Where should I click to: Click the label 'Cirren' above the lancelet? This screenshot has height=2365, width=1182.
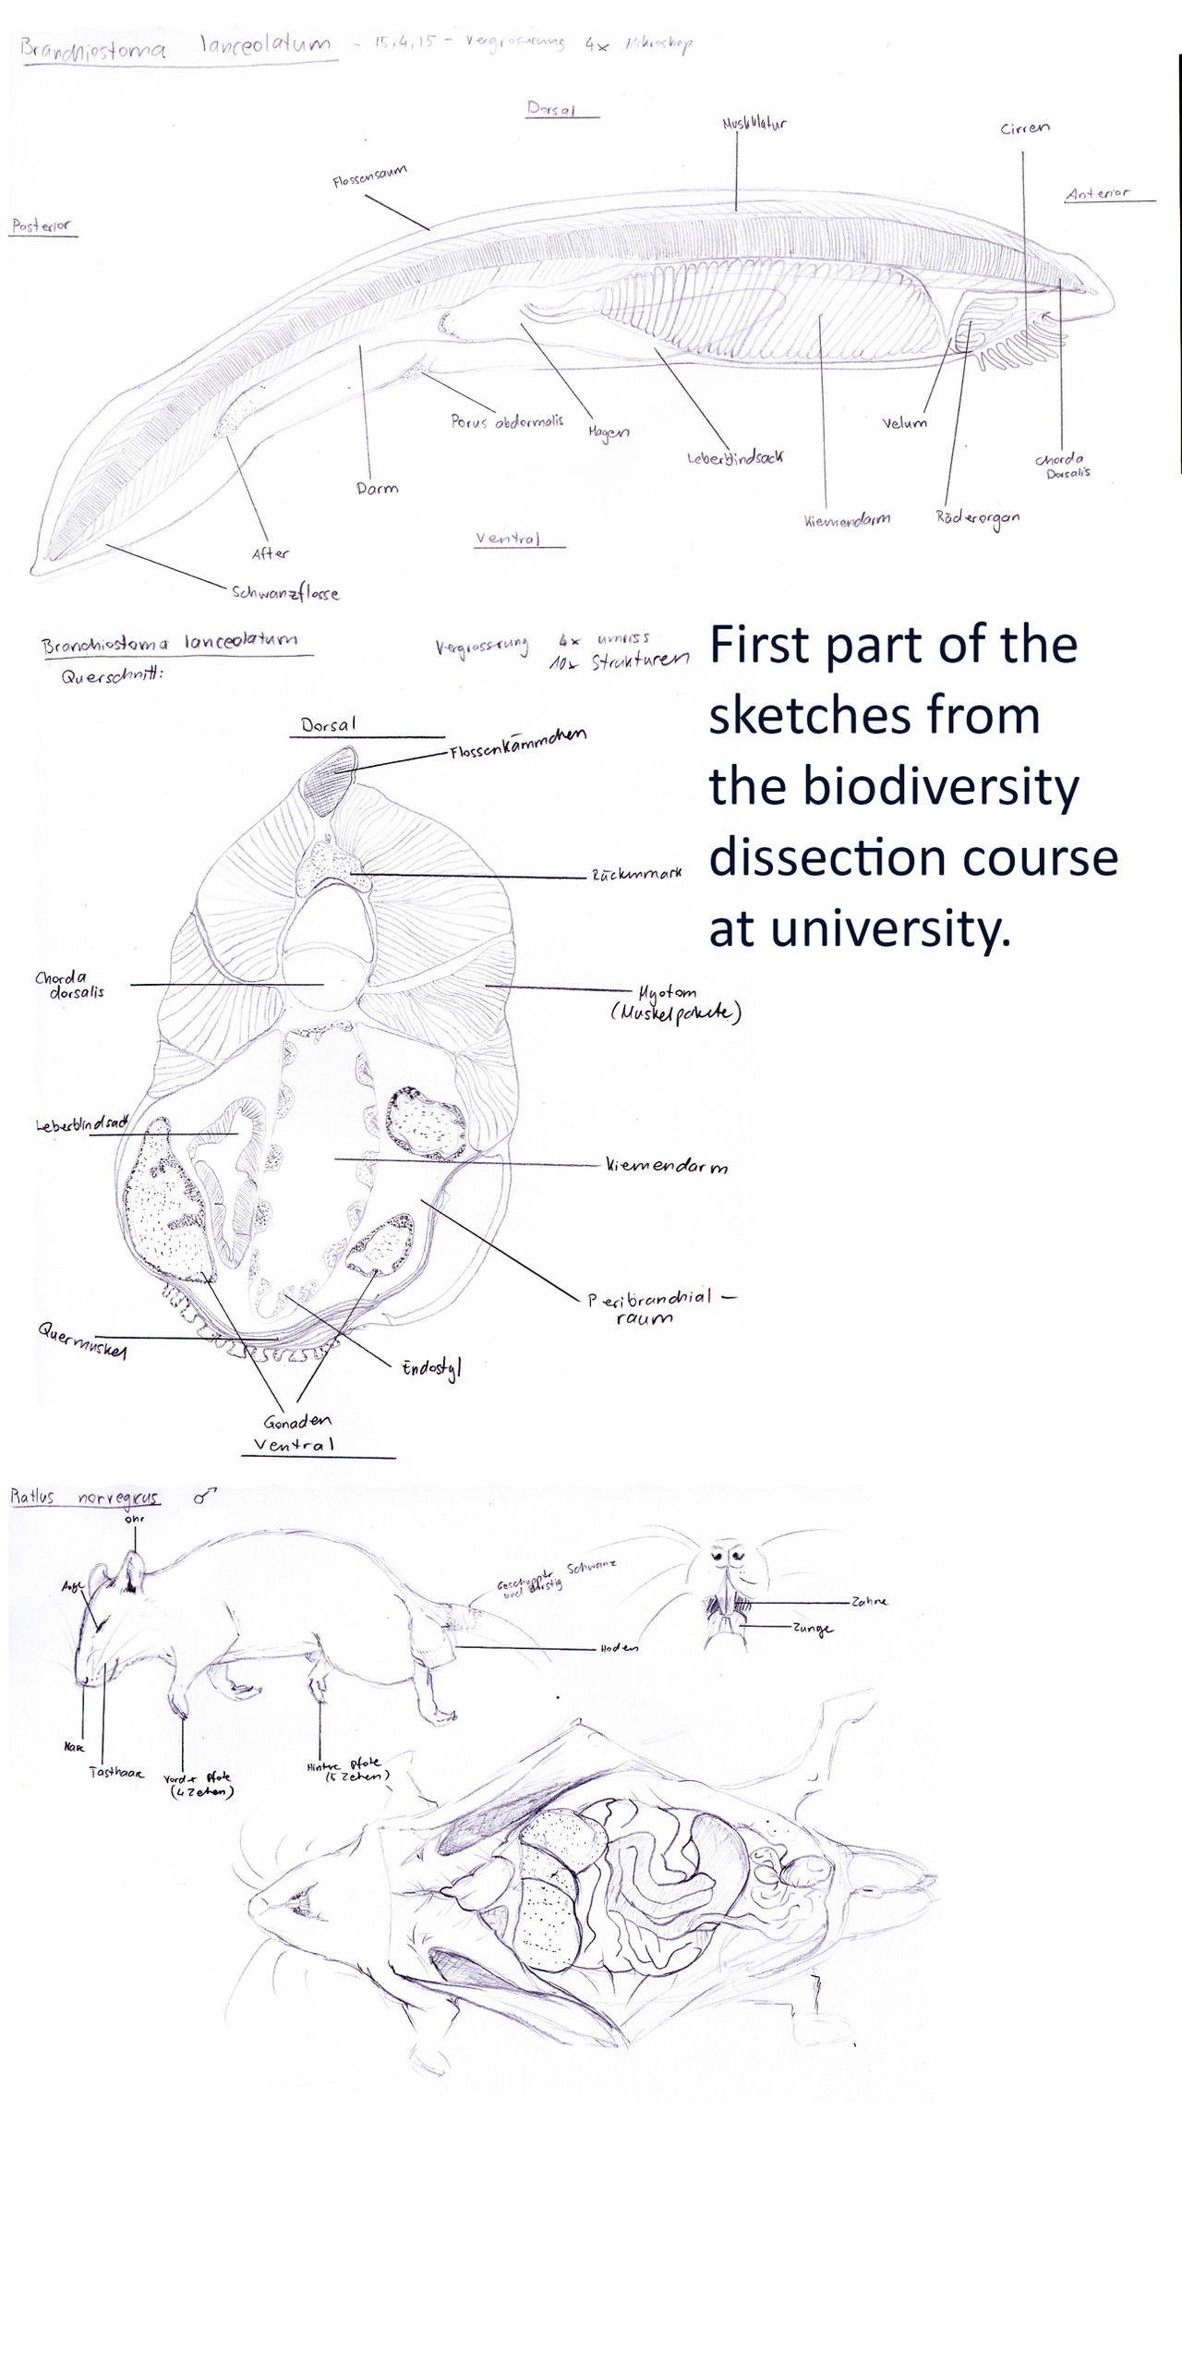coord(1024,128)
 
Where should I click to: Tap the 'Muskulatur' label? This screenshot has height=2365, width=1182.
coord(754,122)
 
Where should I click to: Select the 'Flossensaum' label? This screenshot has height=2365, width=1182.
coord(369,176)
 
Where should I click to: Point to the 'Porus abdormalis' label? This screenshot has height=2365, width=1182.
coord(506,421)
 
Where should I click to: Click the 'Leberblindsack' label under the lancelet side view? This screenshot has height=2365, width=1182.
coord(736,457)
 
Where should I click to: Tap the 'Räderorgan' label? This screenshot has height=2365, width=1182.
coord(977,517)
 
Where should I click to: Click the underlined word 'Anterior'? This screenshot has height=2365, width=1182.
coord(1096,193)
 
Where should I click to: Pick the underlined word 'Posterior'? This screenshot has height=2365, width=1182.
coord(42,225)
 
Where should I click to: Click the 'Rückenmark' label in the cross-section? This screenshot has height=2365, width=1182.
coord(636,873)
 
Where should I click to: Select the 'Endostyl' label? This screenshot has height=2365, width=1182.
coord(430,1367)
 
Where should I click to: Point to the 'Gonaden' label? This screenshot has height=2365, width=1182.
coord(296,1421)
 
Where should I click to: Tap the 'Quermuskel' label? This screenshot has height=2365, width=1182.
coord(82,1340)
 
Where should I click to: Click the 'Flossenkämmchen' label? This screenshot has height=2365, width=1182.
coord(517,743)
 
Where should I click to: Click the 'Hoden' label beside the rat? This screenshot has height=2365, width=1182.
coord(619,1647)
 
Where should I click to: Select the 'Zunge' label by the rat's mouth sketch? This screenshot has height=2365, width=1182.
coord(812,1628)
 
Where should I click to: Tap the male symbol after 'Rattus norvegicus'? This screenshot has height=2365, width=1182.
coord(204,1497)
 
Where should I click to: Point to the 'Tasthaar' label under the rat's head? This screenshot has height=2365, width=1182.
coord(116,1771)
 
